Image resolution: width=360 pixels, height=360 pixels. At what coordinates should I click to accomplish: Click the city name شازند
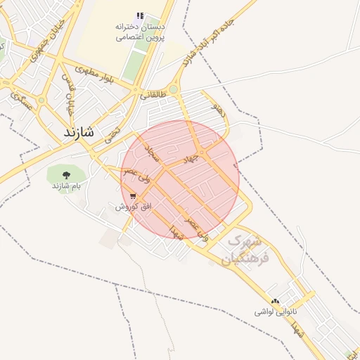tap(78, 131)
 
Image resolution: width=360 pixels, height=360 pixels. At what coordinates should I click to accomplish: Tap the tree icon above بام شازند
tap(66, 175)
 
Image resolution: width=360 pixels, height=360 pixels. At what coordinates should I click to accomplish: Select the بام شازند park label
tap(66, 186)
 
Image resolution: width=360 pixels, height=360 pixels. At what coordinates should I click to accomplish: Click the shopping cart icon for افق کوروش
tap(133, 196)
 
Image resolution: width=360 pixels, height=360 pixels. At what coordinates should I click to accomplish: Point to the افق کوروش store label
tap(130, 207)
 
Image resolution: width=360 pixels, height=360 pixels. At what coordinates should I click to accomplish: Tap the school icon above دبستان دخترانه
tap(141, 15)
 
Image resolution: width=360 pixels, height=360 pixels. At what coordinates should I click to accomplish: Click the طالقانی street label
tap(154, 92)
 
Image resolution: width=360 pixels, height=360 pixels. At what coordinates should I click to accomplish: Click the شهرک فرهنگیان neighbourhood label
tap(242, 250)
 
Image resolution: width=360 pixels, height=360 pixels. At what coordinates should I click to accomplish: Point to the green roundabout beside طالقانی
tap(173, 89)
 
